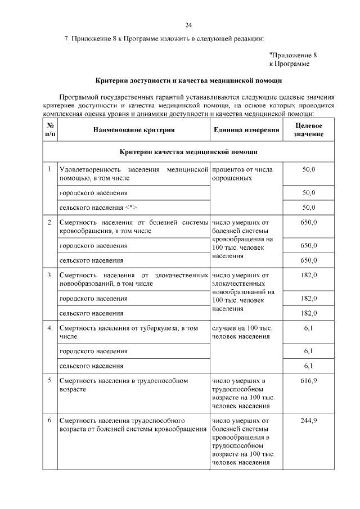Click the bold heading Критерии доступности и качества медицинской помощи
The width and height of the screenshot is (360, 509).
[x=188, y=81]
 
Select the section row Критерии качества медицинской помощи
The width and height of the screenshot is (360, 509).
[x=188, y=152]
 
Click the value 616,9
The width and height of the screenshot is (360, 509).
[x=309, y=381]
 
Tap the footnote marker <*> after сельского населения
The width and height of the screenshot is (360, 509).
[x=131, y=207]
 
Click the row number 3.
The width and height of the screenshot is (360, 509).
[x=50, y=275]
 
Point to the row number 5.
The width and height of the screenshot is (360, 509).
[x=50, y=381]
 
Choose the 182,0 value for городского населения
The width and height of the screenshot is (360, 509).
[x=309, y=298]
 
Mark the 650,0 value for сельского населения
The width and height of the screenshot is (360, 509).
[x=309, y=260]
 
